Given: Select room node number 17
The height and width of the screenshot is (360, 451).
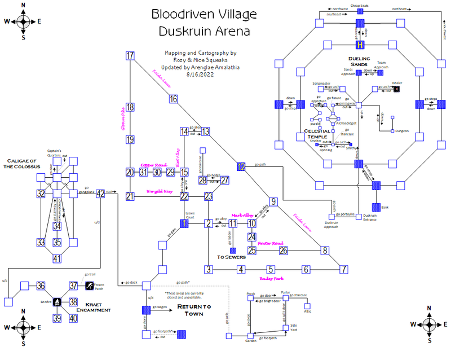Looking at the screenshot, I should pos(130,55).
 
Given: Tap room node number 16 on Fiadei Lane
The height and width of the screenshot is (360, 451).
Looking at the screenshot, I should pos(173,99).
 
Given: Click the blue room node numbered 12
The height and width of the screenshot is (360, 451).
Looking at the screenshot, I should pos(241,166).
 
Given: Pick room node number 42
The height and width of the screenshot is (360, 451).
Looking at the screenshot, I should pos(100,194).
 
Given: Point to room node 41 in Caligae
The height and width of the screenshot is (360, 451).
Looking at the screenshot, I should pos(56,258).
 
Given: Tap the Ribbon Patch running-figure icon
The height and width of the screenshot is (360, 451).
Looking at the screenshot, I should pos(89,286).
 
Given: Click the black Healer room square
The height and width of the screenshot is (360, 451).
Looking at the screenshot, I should pos(397,90).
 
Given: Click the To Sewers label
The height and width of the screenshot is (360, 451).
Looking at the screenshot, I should pos(232,257).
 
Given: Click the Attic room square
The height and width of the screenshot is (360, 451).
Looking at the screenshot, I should pos(307,306).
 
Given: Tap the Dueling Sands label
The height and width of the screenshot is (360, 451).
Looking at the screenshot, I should pos(359,61).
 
